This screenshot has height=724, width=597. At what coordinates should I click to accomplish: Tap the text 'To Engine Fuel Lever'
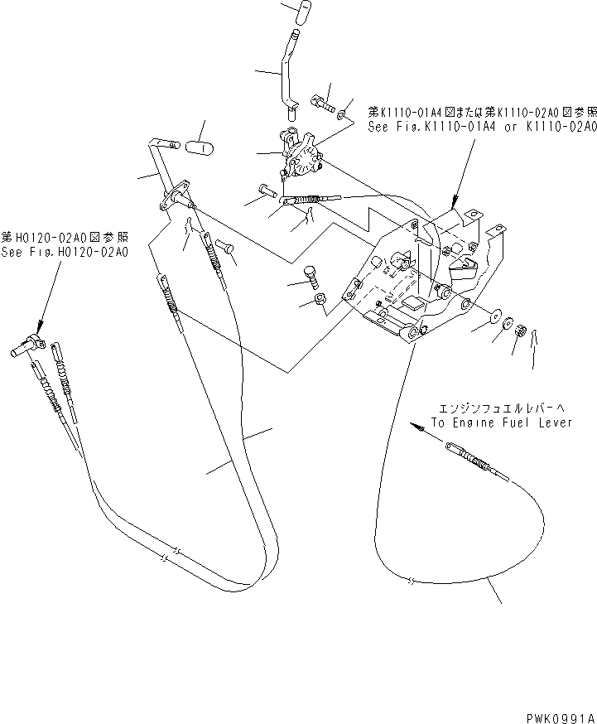(x=501, y=422)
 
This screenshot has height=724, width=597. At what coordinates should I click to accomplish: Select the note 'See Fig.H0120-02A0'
(x=65, y=253)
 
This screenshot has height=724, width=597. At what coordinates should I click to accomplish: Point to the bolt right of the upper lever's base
(x=321, y=104)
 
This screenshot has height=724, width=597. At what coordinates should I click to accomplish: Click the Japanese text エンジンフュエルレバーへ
(x=501, y=407)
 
